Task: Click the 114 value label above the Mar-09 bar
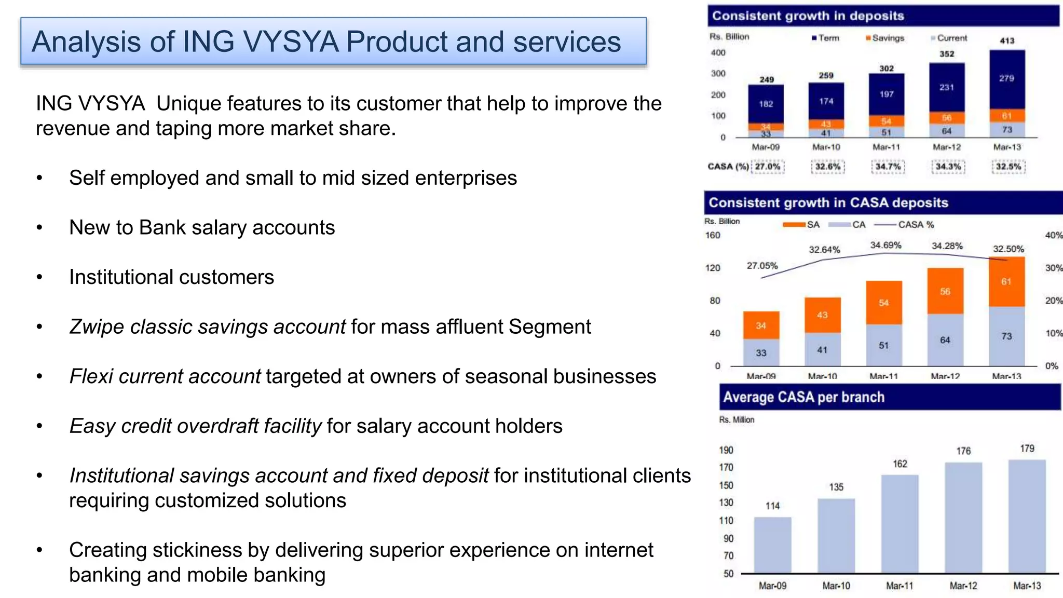point(772,506)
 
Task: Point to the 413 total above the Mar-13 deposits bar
point(1007,40)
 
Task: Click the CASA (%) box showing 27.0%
point(768,167)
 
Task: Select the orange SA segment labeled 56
point(945,291)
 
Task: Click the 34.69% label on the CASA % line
point(885,245)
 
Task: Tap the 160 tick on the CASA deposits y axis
point(713,235)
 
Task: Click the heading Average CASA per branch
point(803,397)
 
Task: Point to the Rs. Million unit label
point(737,419)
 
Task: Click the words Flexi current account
point(165,376)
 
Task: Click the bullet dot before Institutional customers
point(39,277)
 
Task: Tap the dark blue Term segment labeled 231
point(946,87)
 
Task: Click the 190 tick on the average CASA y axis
point(726,450)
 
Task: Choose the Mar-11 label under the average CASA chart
point(900,586)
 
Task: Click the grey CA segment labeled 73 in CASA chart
point(1006,336)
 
